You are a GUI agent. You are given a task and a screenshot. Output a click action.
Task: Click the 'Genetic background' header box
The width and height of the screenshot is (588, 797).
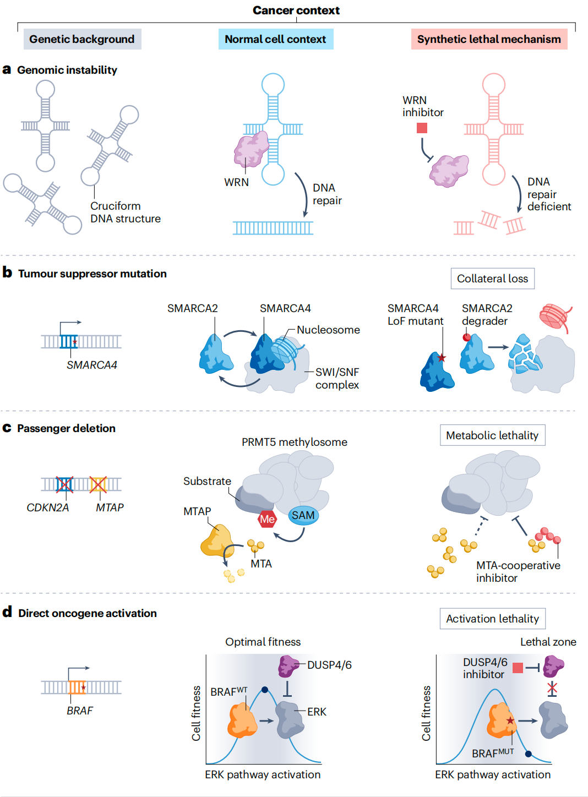tap(82, 39)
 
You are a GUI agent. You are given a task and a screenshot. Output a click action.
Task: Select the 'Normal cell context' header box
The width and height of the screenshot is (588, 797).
tap(275, 39)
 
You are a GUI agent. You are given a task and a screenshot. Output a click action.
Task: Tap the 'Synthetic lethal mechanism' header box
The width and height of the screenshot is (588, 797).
tap(489, 39)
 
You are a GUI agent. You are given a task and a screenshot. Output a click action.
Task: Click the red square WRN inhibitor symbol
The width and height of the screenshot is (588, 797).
tap(422, 128)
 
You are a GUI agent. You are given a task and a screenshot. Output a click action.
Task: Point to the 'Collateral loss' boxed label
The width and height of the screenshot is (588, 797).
tap(492, 279)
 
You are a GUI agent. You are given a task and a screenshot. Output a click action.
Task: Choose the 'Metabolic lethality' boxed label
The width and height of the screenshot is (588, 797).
tap(492, 435)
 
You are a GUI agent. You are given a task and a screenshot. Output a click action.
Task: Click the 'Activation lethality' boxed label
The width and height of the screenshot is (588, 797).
tap(492, 619)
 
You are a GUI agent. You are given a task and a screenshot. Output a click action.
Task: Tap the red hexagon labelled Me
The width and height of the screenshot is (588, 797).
tap(268, 519)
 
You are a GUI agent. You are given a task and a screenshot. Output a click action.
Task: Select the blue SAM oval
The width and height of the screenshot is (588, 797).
tap(303, 516)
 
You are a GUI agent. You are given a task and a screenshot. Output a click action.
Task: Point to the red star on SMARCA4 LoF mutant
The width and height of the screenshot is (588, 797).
tap(442, 358)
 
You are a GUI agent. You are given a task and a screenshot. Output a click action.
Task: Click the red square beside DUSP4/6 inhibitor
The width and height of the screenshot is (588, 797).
tap(518, 668)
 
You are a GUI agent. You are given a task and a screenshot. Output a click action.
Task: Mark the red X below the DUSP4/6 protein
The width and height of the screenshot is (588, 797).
tap(552, 688)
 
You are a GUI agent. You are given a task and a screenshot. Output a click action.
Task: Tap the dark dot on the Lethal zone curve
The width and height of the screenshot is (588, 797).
tap(529, 754)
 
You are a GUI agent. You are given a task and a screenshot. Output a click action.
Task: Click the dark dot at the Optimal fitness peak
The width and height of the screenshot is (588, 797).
tap(265, 690)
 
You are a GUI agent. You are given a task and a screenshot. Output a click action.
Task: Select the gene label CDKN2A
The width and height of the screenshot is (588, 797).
tap(48, 507)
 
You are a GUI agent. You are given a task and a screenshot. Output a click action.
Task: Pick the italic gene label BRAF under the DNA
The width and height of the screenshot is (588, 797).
tap(80, 711)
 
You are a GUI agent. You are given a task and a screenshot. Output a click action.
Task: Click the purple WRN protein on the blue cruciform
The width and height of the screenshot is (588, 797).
tap(251, 149)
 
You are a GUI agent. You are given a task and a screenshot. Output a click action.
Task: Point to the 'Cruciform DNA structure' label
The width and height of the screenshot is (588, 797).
tap(125, 212)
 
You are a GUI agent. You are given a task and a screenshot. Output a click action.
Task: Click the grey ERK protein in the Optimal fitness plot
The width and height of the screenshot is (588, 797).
tap(290, 719)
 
